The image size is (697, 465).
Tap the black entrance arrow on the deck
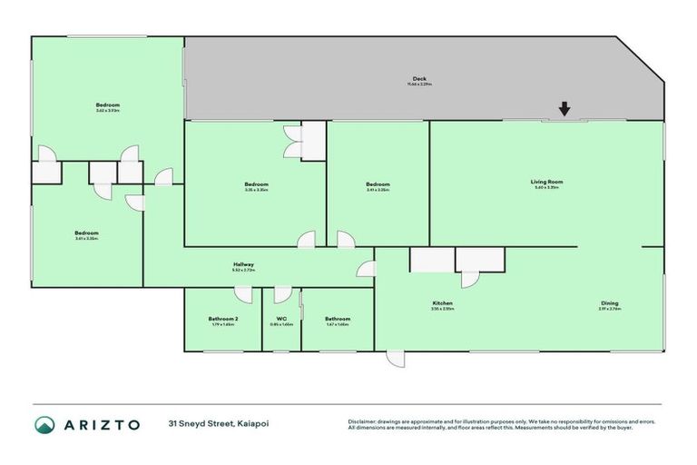pos(564,109)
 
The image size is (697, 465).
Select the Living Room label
pos(547,182)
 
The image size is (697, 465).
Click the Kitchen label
pos(442,303)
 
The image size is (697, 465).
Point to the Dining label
pos(609,303)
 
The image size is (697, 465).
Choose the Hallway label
pos(243,264)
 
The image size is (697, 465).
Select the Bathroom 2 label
pos(222,319)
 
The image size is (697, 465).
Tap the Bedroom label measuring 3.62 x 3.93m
pos(108,105)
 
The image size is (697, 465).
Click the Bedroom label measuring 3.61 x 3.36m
pos(86,233)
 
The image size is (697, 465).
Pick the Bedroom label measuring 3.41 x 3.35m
pos(378,184)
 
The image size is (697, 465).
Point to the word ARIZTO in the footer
pos(102,424)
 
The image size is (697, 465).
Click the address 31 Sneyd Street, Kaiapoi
pos(218,424)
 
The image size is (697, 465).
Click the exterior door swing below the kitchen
pos(396,359)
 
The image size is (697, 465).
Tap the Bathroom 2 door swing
pos(243,294)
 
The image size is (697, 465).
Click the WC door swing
pos(282,294)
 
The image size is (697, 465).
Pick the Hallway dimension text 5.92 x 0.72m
pos(243,271)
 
